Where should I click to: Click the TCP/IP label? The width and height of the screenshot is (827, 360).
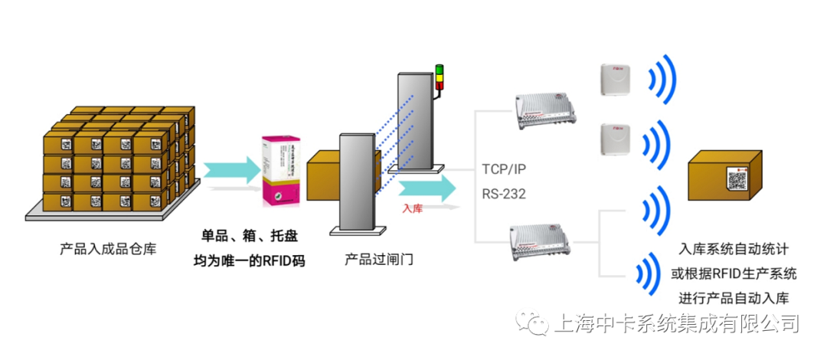point(505,169)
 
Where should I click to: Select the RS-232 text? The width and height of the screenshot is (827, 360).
point(504,194)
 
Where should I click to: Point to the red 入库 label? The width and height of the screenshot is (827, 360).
point(413,207)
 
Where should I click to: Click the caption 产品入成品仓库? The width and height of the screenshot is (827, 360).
point(108,249)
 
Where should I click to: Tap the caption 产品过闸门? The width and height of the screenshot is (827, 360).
point(379,259)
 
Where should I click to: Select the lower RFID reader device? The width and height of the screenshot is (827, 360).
point(548,241)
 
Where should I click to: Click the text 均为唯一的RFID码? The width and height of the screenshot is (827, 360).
point(249,261)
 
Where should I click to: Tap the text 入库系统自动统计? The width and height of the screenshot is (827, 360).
point(734,250)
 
